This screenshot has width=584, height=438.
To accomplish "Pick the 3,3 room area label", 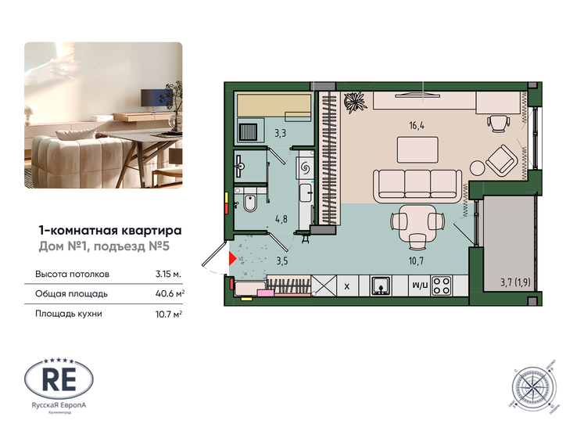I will coord(280,134).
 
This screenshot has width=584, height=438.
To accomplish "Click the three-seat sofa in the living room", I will coord(406,186).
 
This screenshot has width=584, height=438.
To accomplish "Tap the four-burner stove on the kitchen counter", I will coord(442,285).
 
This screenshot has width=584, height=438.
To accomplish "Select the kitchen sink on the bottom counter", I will coord(381,285).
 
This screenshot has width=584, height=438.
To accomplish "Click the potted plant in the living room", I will coord(356,102).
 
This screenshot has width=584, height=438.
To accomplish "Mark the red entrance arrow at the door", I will coord(231,257).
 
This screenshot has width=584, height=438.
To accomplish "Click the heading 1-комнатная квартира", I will coord(109,231).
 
